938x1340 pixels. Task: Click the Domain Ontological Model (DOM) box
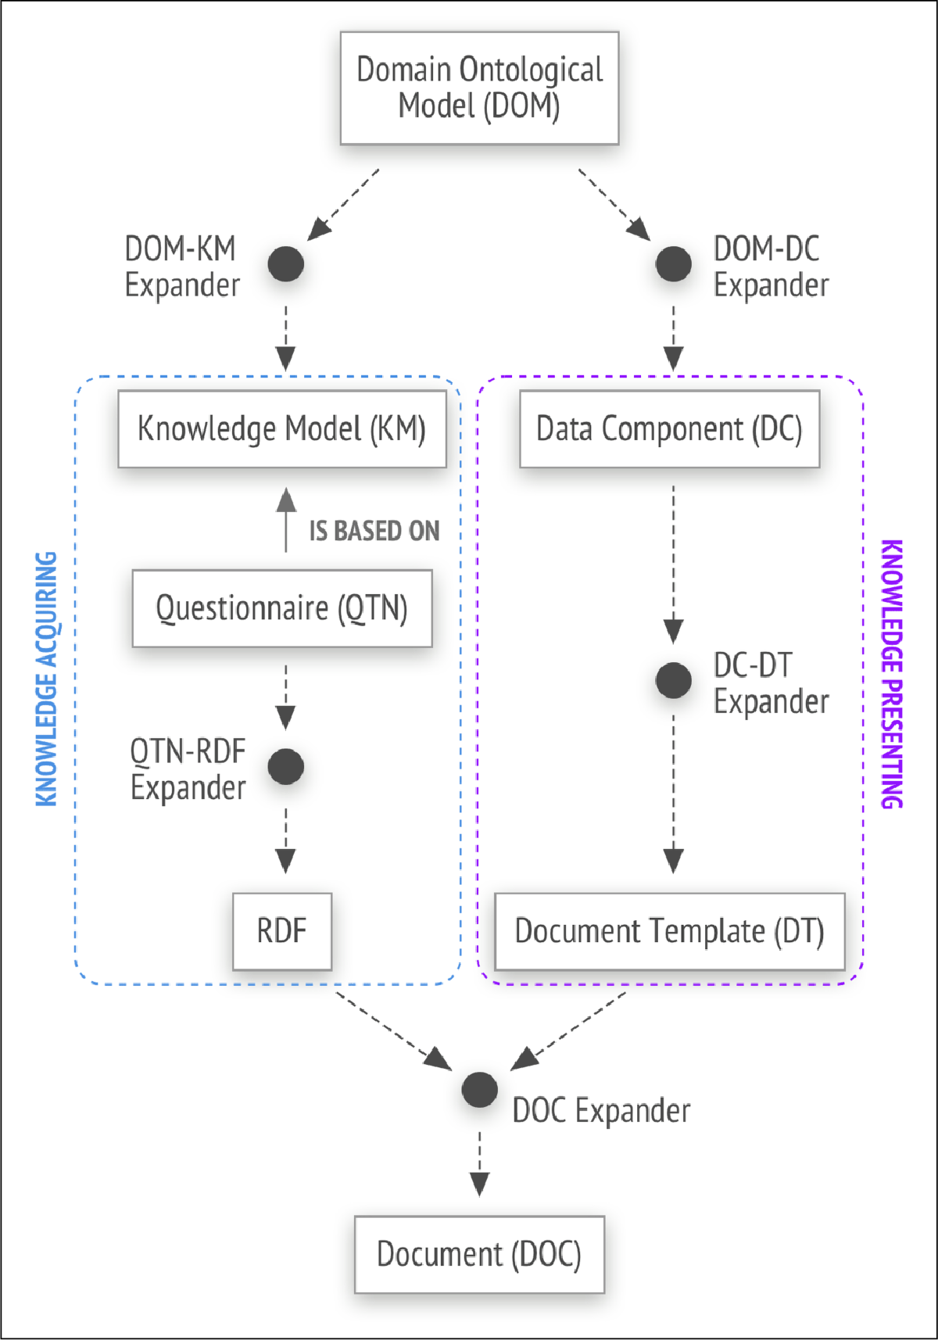pos(479,88)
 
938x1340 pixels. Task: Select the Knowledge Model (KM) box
pos(282,429)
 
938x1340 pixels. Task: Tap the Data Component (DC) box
pos(669,429)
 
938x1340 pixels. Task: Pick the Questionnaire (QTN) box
pos(282,608)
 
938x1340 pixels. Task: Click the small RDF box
pos(282,931)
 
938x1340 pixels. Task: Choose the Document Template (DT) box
pos(670,931)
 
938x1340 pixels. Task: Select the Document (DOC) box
pos(479,1254)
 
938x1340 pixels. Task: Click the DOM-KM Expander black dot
pos(286,264)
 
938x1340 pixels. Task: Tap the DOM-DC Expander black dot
pos(673,264)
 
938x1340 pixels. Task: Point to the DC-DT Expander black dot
pos(673,680)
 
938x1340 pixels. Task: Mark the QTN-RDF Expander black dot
pos(286,767)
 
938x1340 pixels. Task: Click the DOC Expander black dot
pos(479,1090)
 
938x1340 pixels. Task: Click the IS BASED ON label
pos(374,531)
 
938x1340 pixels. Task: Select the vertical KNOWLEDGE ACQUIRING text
pos(47,679)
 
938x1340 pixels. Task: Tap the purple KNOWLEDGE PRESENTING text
pos(892,673)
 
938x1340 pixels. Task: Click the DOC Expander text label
pos(601,1111)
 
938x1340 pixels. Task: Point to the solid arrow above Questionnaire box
pos(286,519)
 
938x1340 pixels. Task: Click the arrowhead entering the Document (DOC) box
pos(479,1183)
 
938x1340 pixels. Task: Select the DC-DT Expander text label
pos(771,683)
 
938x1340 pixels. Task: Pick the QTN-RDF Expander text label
pos(188,769)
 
